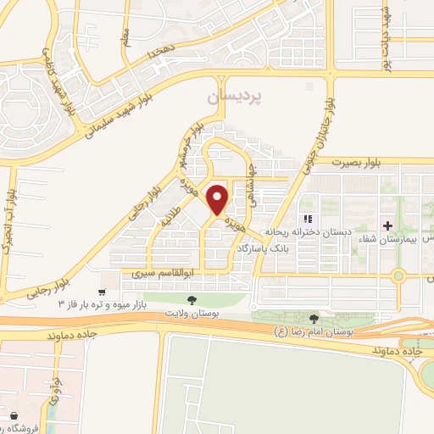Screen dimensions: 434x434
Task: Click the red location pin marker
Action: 218,199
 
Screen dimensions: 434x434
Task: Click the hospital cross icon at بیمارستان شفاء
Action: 389,225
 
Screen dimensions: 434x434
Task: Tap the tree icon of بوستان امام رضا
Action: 314,318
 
